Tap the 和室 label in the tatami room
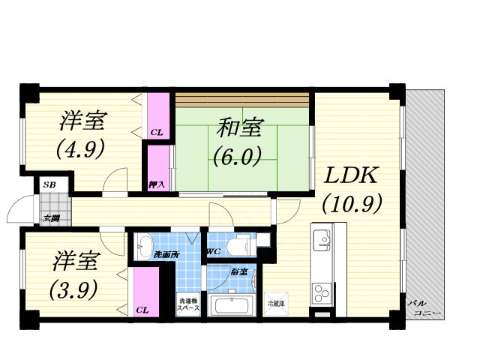[240, 128]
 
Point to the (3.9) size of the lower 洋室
[73, 289]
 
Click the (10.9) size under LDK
[352, 204]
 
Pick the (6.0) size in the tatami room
[236, 157]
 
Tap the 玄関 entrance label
[50, 219]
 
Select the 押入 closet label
[157, 184]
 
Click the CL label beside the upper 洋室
[156, 133]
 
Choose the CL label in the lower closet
[142, 309]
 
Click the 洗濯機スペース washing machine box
[188, 304]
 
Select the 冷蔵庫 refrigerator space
[276, 303]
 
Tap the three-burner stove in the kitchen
[323, 290]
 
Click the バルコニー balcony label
[423, 307]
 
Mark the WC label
[212, 252]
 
